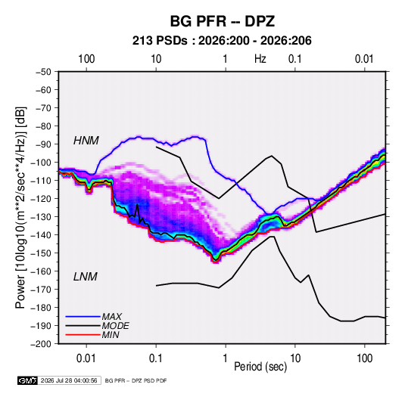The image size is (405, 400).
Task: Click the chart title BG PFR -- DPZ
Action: [x=222, y=21]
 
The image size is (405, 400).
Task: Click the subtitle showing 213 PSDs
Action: [x=222, y=41]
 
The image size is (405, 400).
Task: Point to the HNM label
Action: [x=86, y=141]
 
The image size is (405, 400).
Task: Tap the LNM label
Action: [x=86, y=277]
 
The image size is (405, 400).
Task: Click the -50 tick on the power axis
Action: [x=43, y=72]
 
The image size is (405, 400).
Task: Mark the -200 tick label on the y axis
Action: [x=41, y=344]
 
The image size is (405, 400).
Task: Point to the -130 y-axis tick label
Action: [x=41, y=217]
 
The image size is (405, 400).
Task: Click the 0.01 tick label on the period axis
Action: [x=86, y=358]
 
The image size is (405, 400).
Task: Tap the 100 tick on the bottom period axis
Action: [x=364, y=358]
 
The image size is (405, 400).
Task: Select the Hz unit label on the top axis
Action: [x=260, y=59]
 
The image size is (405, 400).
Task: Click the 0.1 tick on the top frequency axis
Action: [x=295, y=59]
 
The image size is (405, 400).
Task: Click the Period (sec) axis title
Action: [x=260, y=367]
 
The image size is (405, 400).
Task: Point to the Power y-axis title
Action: [x=20, y=208]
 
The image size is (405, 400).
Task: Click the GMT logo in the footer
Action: [x=27, y=380]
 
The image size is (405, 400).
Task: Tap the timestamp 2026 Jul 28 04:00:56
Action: [x=69, y=380]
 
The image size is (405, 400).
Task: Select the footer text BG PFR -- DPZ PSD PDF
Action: [x=136, y=380]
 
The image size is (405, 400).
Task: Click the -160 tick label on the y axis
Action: [x=41, y=271]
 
